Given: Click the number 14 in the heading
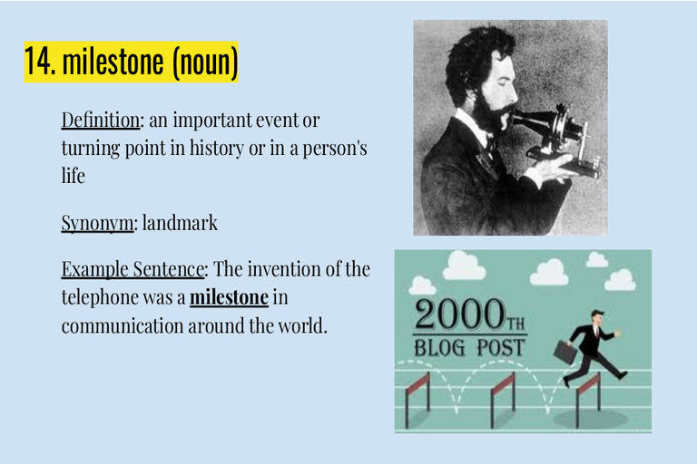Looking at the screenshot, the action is pyautogui.click(x=40, y=62).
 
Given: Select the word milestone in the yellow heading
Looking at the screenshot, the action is pyautogui.click(x=113, y=62).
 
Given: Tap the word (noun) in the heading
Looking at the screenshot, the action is pyautogui.click(x=205, y=63).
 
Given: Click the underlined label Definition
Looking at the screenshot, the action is pyautogui.click(x=101, y=120).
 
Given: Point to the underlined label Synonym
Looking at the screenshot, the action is pyautogui.click(x=97, y=223).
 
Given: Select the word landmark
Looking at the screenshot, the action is pyautogui.click(x=180, y=222).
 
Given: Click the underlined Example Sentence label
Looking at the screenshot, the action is pyautogui.click(x=133, y=269).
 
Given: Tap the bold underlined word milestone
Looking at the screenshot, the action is pyautogui.click(x=229, y=297).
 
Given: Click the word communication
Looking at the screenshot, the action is pyautogui.click(x=123, y=326).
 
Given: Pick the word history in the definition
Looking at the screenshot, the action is pyautogui.click(x=217, y=149).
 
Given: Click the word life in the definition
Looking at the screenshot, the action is pyautogui.click(x=74, y=176).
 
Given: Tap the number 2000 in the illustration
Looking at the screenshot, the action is pyautogui.click(x=459, y=314).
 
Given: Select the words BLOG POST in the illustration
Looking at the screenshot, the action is pyautogui.click(x=469, y=348).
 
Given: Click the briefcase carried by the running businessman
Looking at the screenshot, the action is pyautogui.click(x=565, y=353).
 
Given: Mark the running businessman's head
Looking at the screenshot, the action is pyautogui.click(x=596, y=317).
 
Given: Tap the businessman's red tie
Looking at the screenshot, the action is pyautogui.click(x=597, y=332).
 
